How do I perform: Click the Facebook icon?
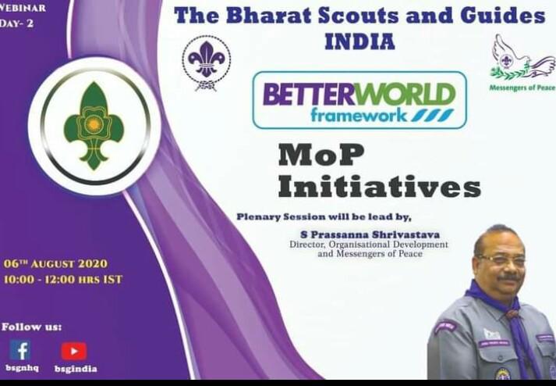tap(20, 350)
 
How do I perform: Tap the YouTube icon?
tap(74, 351)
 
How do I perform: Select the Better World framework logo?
tap(359, 100)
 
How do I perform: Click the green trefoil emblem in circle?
tap(94, 126)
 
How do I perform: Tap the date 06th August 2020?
tap(55, 263)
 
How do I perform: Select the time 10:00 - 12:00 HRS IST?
tap(63, 279)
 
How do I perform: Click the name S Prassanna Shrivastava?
tap(367, 234)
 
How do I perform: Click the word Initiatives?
tap(379, 187)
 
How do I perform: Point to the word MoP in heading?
tap(321, 155)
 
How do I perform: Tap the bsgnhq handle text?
tap(21, 368)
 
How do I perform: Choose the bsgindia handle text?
tap(76, 368)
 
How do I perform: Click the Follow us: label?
tap(32, 326)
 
